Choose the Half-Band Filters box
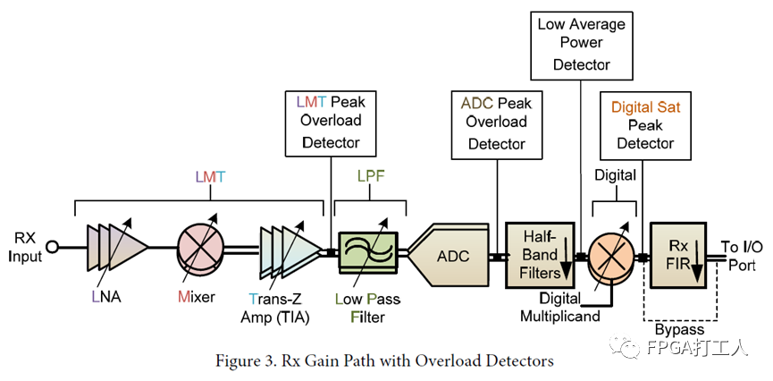tap(539, 255)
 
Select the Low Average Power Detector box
tap(582, 42)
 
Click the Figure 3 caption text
tap(385, 360)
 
